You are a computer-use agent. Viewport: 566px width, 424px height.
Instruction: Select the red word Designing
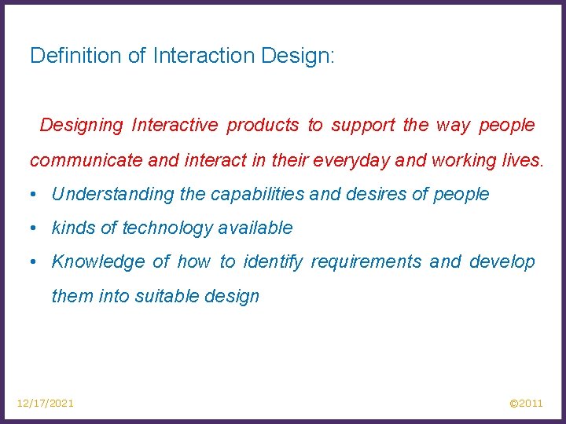click(82, 125)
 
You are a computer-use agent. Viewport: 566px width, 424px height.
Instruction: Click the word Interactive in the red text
click(175, 125)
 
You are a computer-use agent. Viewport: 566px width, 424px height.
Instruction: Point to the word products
click(263, 125)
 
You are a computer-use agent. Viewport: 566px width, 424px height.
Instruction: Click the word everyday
click(349, 161)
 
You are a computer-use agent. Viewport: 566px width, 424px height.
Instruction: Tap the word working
click(459, 161)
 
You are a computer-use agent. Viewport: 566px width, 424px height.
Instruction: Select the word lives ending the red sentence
click(524, 161)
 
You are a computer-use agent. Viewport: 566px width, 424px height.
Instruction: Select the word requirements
click(366, 261)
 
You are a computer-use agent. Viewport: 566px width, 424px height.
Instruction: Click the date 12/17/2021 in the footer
click(46, 403)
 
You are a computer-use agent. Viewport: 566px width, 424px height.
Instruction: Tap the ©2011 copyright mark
click(526, 403)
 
